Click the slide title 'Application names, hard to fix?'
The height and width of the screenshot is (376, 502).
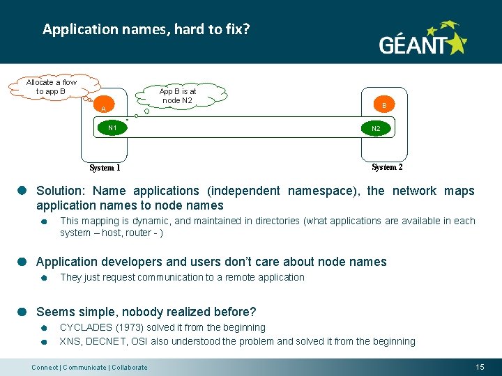point(146,29)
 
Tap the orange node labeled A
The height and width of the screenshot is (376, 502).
point(103,109)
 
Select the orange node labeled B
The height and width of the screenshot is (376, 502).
point(383,105)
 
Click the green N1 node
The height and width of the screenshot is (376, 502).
point(112,128)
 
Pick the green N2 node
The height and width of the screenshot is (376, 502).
point(376,129)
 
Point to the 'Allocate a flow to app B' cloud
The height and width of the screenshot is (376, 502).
point(51,87)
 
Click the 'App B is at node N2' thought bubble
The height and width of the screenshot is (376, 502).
point(178,96)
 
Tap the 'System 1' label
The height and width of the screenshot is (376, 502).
point(105,168)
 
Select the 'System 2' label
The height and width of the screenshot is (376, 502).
point(387,167)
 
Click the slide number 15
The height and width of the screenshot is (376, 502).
point(480,366)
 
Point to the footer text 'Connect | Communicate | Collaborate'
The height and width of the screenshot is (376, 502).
point(89,367)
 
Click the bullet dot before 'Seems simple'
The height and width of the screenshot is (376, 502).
point(22,312)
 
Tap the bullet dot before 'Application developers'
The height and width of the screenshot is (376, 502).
point(22,262)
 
